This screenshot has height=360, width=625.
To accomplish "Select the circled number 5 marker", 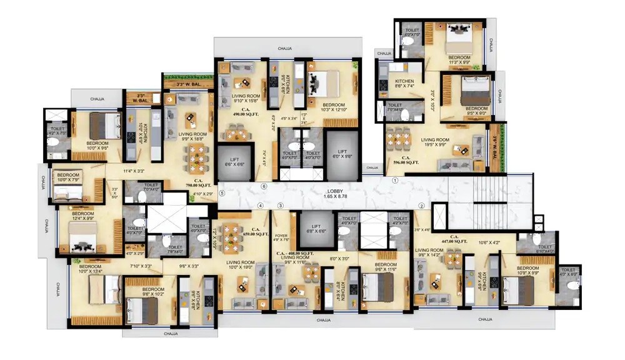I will coord(221,193).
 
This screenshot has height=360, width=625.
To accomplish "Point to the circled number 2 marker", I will coord(421,206).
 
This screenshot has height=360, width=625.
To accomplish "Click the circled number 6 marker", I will coord(264,186).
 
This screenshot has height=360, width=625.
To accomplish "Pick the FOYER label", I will coord(281,237).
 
